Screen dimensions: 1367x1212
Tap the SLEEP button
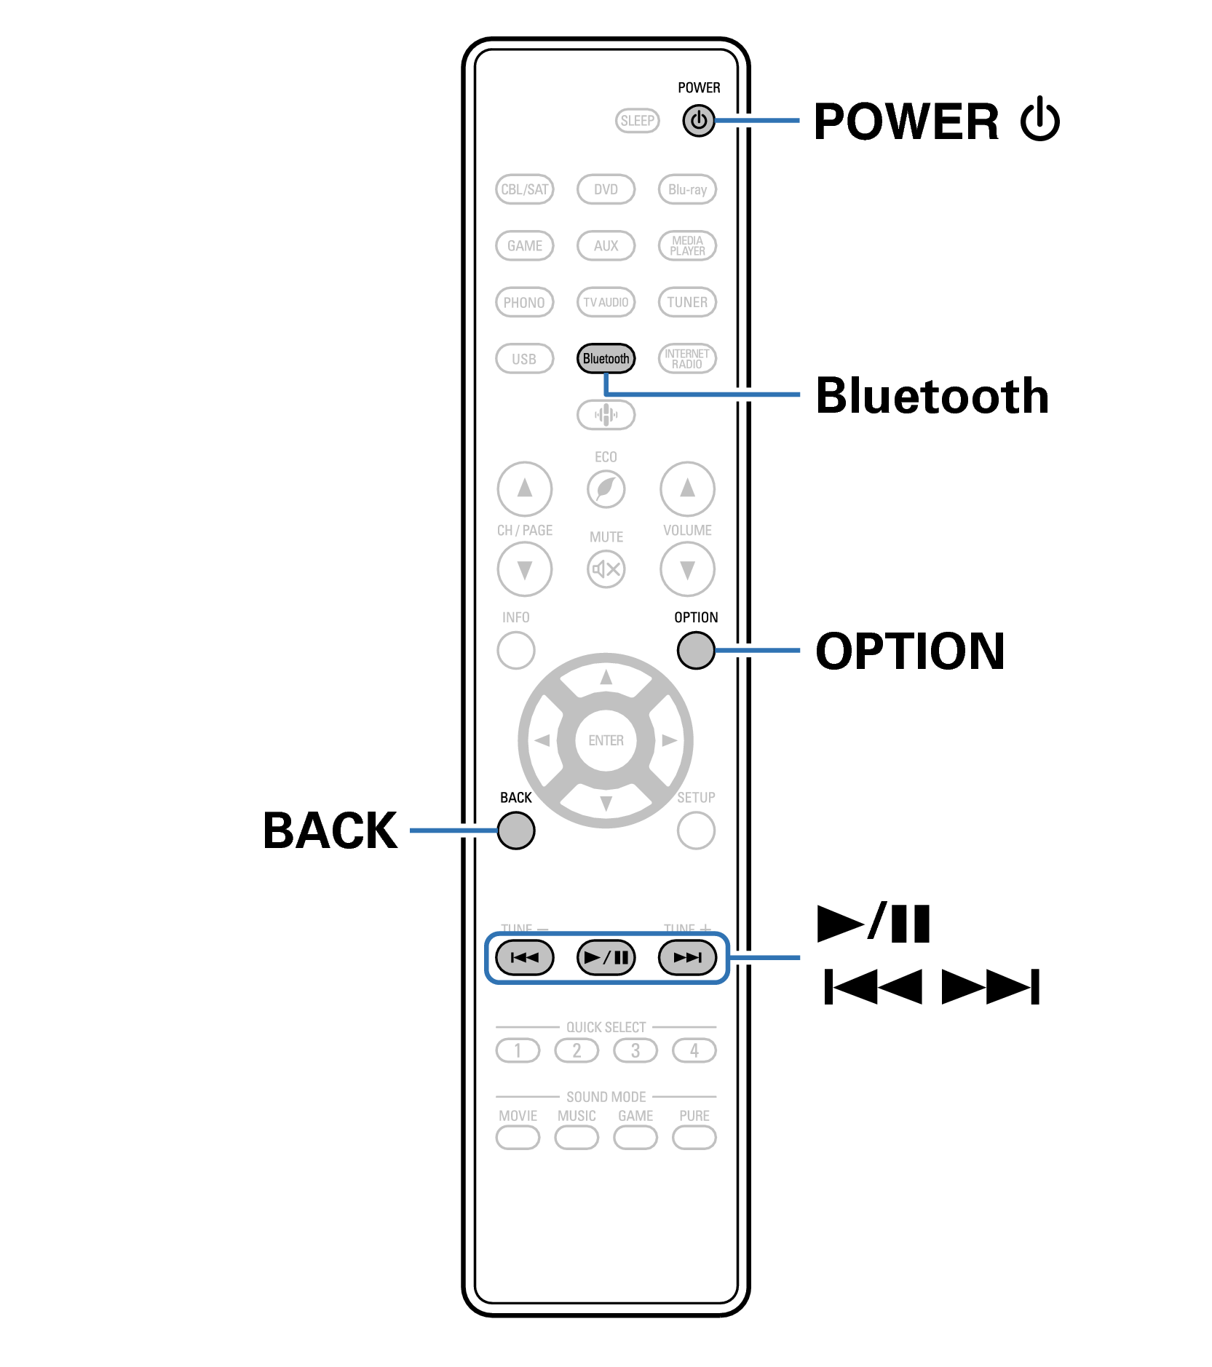(637, 121)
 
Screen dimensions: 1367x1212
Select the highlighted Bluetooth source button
(606, 359)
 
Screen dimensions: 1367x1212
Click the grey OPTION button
(695, 650)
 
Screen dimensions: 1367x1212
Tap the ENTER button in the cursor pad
(606, 740)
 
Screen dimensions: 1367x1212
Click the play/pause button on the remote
(606, 957)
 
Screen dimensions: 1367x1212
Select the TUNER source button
(687, 302)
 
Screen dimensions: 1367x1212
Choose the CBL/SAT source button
(524, 189)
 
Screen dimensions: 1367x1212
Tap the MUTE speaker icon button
(606, 568)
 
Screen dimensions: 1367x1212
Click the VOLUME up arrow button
(687, 488)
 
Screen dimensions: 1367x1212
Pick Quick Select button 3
(635, 1050)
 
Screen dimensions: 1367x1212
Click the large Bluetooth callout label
(932, 396)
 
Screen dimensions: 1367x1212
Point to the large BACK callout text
(330, 831)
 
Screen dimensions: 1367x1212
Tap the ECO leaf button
(606, 488)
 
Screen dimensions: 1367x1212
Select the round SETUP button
(695, 831)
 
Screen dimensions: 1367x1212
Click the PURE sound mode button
(694, 1137)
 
